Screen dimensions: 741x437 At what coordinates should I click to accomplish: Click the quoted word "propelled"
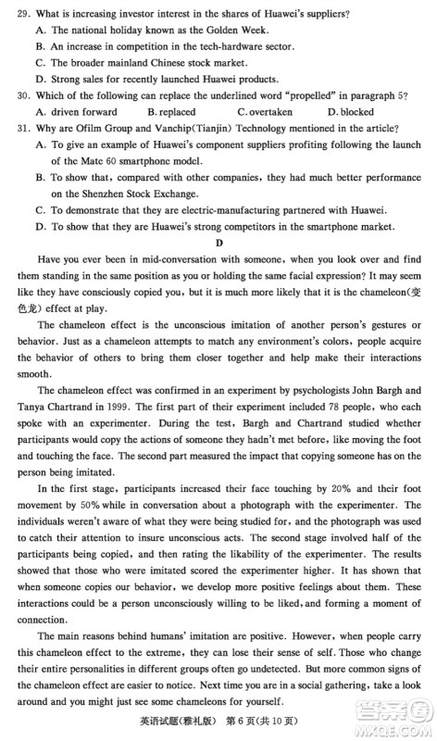pos(293,94)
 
